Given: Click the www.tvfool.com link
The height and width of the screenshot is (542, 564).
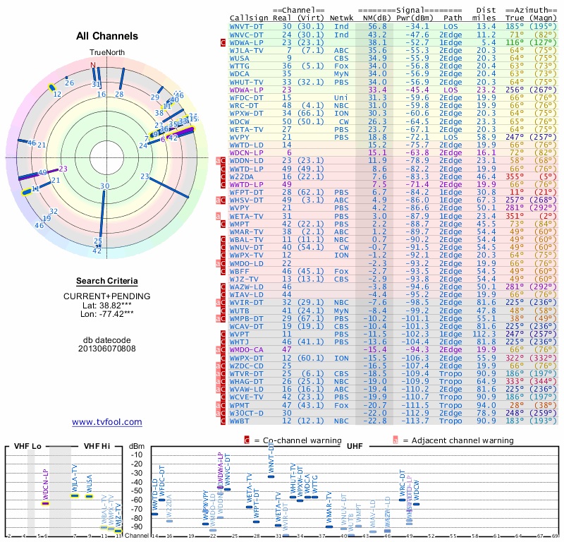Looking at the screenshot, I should pyautogui.click(x=106, y=422).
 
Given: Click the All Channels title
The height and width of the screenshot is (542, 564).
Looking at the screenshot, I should pyautogui.click(x=107, y=36).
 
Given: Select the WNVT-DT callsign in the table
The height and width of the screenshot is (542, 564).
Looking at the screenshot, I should pyautogui.click(x=247, y=25).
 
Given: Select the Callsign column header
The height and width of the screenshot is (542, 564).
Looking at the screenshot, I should pyautogui.click(x=250, y=18).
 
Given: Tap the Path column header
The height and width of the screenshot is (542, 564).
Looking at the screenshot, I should pyautogui.click(x=453, y=18).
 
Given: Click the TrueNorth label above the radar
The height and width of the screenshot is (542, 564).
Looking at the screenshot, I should pyautogui.click(x=106, y=53).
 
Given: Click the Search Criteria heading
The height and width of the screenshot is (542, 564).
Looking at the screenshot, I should pyautogui.click(x=106, y=281).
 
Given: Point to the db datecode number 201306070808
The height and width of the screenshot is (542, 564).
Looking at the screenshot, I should pyautogui.click(x=106, y=349).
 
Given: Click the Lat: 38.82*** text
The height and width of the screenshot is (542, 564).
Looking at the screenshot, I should pyautogui.click(x=106, y=305).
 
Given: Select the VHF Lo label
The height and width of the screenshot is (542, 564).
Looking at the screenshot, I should pyautogui.click(x=29, y=447).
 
